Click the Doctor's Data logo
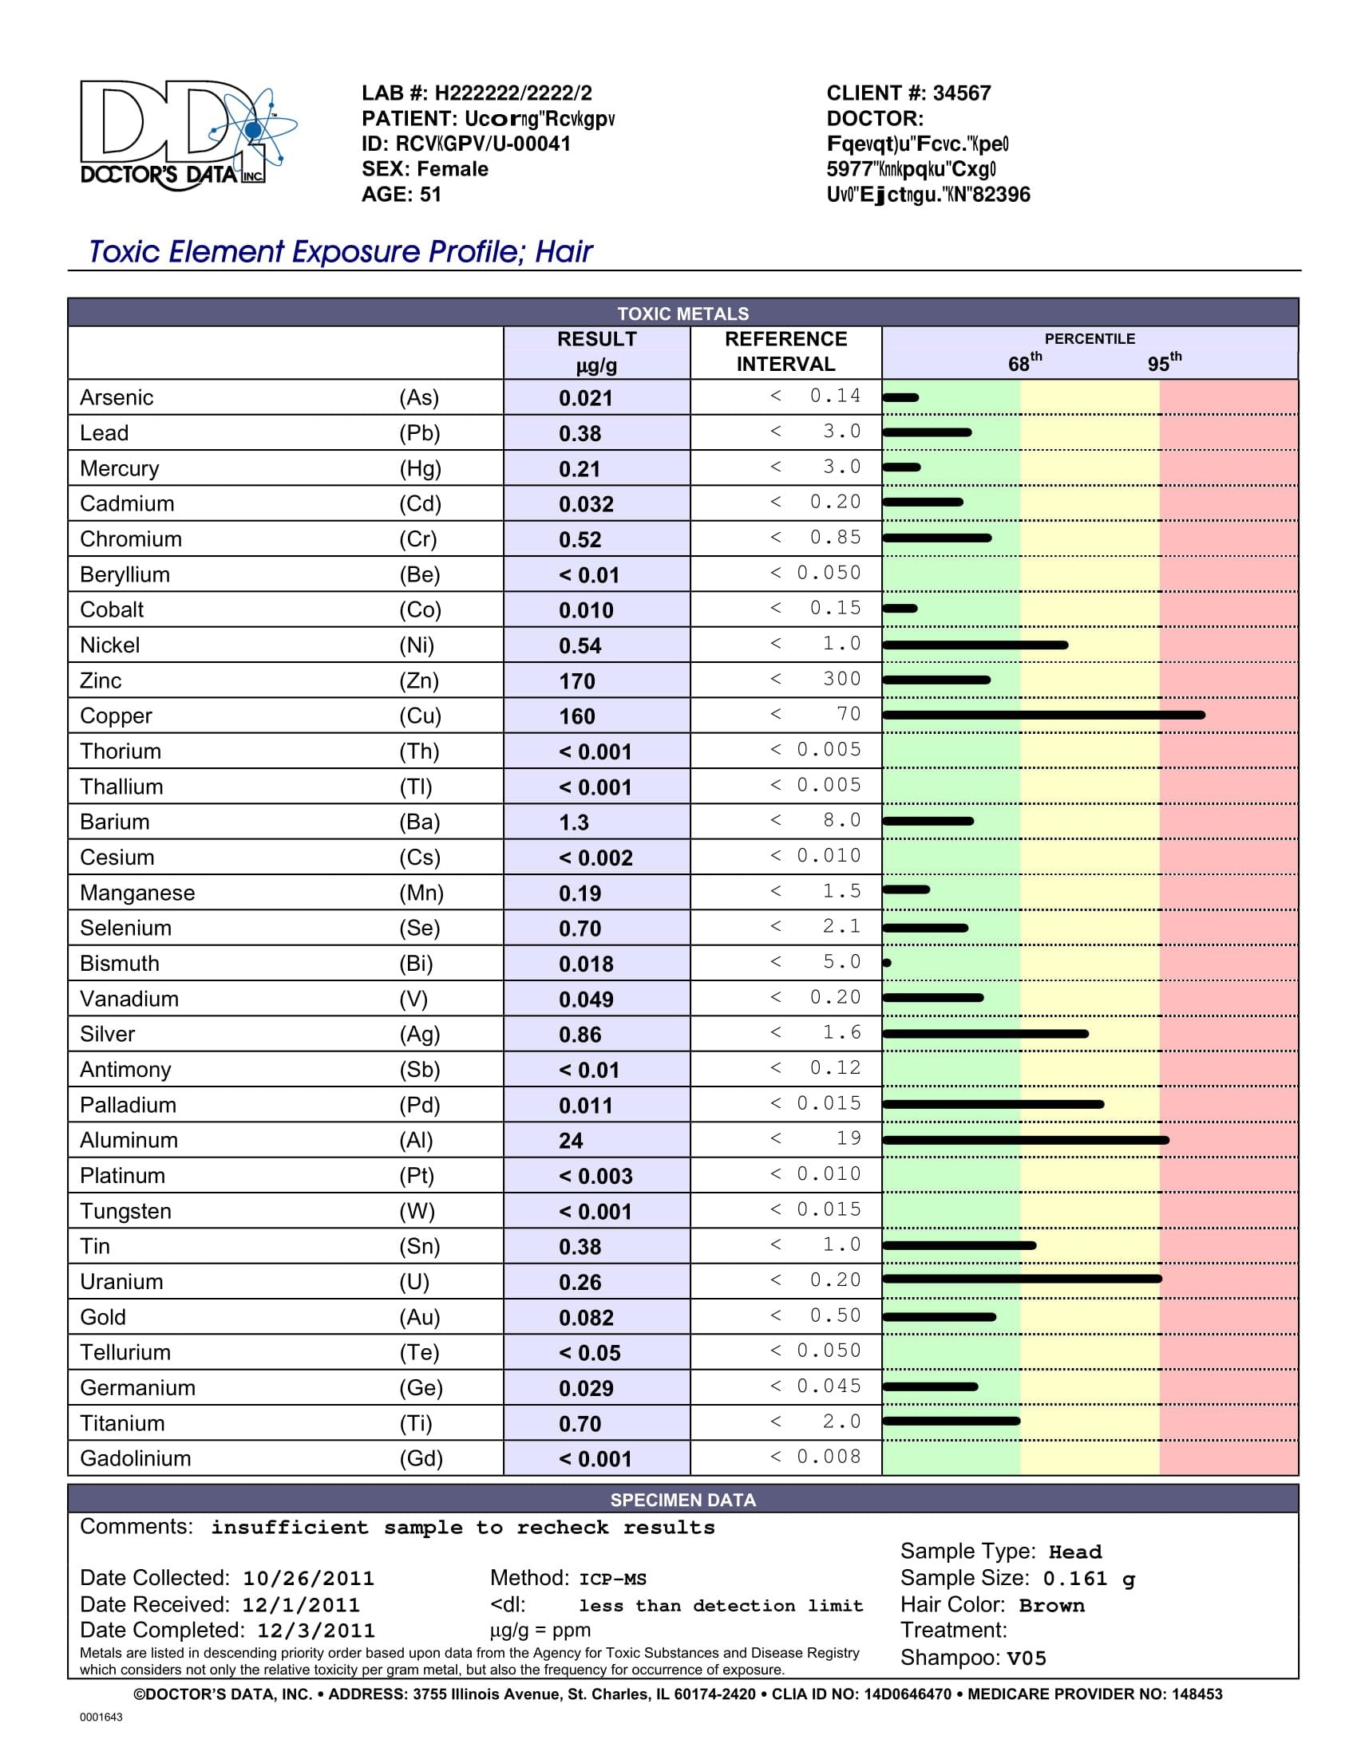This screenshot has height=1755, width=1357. click(x=188, y=135)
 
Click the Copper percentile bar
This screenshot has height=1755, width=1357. click(x=1043, y=716)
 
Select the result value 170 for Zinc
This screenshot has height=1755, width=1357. click(x=577, y=681)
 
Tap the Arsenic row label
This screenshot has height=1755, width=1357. click(x=117, y=398)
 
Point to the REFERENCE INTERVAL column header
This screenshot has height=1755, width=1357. click(x=785, y=351)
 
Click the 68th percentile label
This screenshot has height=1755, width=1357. click(x=1025, y=362)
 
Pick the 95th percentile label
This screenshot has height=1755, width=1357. click(x=1164, y=362)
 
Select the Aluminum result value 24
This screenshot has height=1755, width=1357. click(x=571, y=1141)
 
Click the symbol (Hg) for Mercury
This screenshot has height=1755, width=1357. click(x=420, y=468)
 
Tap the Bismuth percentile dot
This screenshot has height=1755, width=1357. click(x=887, y=963)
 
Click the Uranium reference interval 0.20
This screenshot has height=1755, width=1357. click(x=835, y=1280)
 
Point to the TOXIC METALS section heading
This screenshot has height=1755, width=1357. click(x=683, y=314)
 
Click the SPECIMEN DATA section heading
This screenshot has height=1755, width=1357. click(x=683, y=1500)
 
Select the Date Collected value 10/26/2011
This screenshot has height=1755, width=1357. click(x=309, y=1578)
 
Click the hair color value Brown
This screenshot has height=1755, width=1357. click(x=1052, y=1606)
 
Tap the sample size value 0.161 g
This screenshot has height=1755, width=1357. click(x=1090, y=1579)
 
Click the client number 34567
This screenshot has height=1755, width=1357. click(x=962, y=93)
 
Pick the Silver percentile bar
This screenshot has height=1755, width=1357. click(x=986, y=1033)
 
